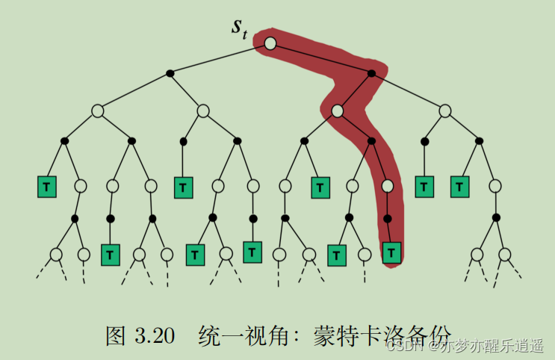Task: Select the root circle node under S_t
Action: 270,44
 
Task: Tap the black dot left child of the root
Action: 170,73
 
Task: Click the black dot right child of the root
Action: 372,73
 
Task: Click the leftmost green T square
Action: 47,186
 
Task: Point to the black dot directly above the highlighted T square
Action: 387,219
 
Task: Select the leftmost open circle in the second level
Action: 97,111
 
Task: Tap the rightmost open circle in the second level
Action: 445,111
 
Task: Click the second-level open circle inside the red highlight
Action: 337,111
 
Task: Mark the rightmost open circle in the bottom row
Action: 505,255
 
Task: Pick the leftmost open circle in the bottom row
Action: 56,255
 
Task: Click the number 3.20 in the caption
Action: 153,336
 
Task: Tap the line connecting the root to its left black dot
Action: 220,58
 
